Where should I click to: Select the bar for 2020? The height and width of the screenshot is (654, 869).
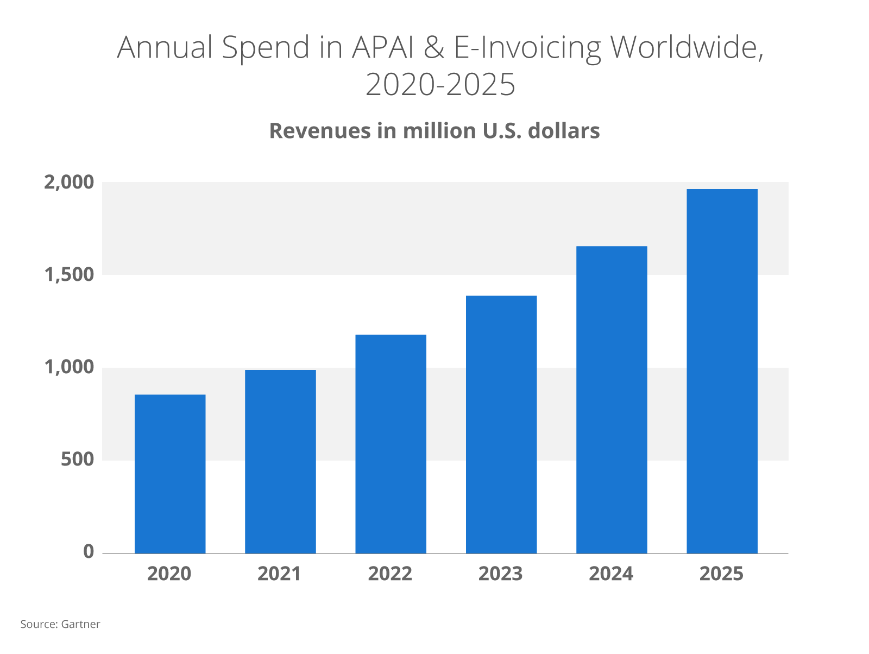coord(170,474)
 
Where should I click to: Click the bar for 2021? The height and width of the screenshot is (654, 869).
coord(280,462)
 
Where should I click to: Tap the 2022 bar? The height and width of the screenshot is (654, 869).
coord(391,444)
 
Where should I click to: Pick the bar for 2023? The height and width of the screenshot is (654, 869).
coord(501,424)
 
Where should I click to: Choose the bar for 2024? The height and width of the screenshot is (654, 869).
coord(612,400)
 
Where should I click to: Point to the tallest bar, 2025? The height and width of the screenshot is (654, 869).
coord(722,371)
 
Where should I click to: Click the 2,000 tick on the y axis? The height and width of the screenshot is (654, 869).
coord(69,183)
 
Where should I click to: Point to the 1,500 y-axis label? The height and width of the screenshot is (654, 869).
coord(69,275)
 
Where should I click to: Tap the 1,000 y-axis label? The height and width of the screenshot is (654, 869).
coord(69,368)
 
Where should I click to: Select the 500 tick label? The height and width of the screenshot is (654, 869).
coord(77,460)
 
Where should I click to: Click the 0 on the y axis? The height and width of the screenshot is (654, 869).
coord(89,552)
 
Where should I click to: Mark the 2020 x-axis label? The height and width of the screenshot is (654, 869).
coord(169,574)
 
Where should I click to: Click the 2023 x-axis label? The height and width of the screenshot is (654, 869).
coord(501,574)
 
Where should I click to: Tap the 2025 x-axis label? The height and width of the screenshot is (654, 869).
coord(721,574)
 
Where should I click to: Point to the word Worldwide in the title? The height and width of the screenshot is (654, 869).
coord(686,47)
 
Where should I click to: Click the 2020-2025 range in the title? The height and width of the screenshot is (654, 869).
coord(440,85)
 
